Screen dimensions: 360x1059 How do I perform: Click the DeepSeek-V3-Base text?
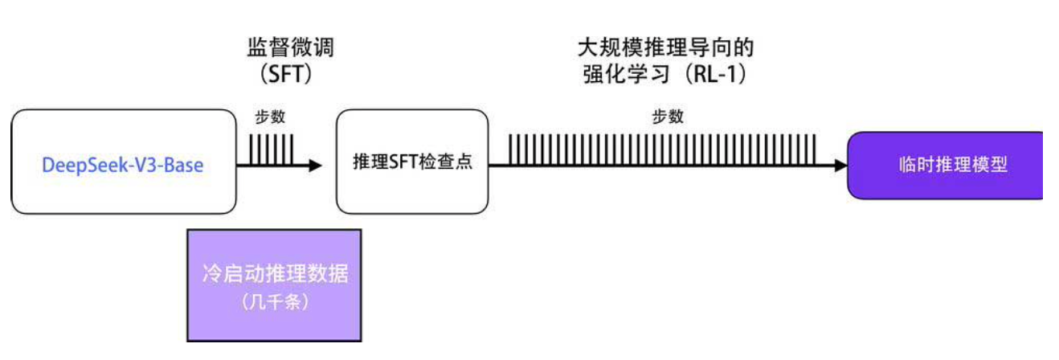pos(122,166)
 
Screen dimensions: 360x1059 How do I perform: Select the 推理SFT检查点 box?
pos(412,162)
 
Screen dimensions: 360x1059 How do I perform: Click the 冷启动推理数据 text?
pos(275,274)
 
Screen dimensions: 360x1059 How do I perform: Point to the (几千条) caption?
pos(275,303)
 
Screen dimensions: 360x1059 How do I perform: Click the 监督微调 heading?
pos(290,47)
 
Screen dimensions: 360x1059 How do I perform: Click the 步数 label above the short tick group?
pos(269,117)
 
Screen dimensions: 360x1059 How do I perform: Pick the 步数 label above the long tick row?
pos(668,117)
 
